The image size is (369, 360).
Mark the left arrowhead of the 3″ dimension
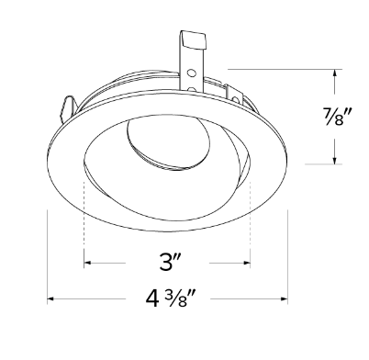tap(87, 263)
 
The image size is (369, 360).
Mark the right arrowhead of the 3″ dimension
tap(247, 263)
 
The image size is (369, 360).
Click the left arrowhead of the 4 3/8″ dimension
tap(51, 299)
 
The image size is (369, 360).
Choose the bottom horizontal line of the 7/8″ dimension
tap(317, 163)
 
